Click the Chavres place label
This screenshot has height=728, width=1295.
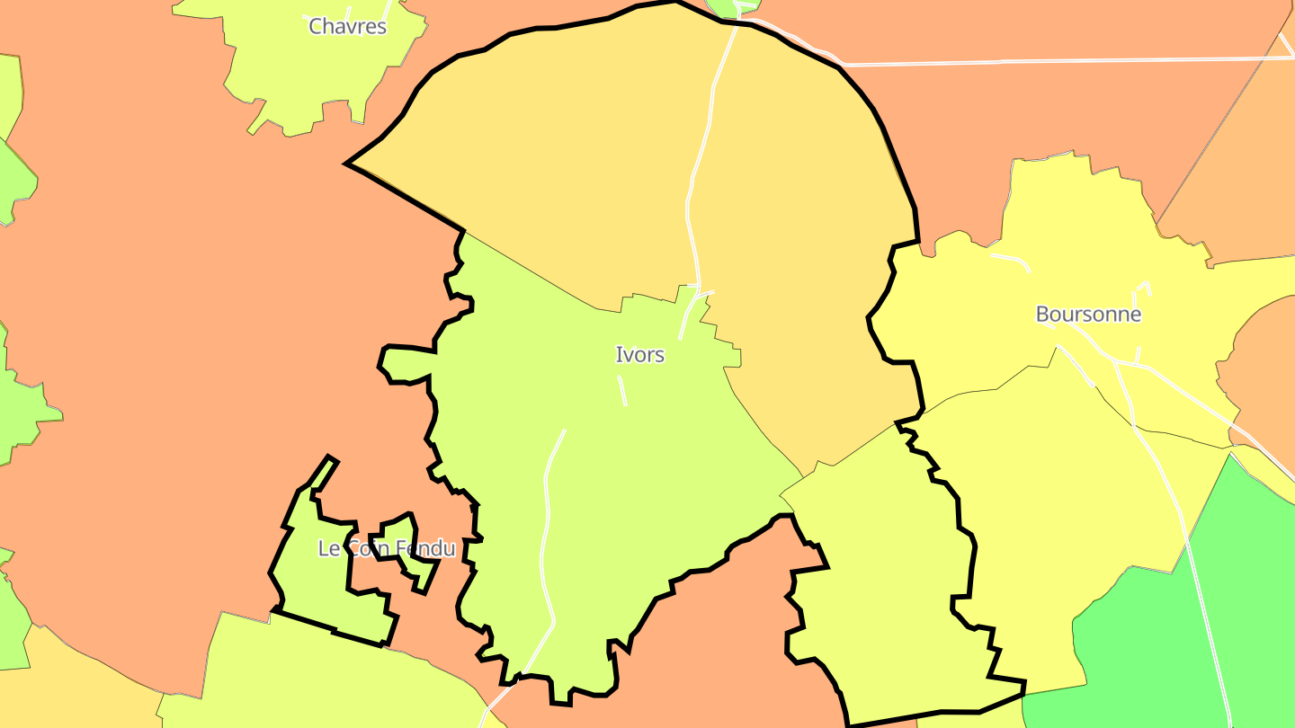[347, 26]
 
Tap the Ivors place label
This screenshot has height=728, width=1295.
[639, 355]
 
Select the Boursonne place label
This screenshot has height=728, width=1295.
[1088, 315]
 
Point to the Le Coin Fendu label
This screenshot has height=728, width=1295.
[387, 548]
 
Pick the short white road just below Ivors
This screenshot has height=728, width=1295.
[621, 390]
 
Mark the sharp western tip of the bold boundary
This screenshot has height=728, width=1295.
[348, 164]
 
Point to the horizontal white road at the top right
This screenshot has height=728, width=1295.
[1034, 62]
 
